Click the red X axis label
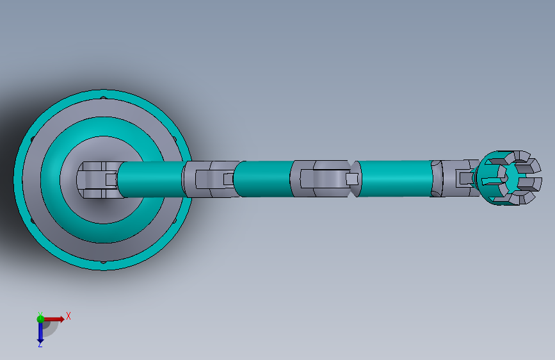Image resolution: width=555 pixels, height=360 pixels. coord(68,316)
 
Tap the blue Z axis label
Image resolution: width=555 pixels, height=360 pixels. coord(40,344)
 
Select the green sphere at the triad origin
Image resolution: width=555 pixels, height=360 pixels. coord(40,319)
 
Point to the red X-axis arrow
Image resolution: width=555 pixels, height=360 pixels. coord(54,319)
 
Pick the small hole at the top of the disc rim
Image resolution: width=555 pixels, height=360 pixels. coord(103,97)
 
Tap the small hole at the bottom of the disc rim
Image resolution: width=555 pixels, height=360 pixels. coord(103,262)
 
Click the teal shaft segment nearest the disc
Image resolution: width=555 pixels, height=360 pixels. coord(152,179)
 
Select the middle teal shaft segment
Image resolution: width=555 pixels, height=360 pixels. coord(263,179)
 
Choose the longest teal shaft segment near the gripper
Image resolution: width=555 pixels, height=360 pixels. coord(396,179)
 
